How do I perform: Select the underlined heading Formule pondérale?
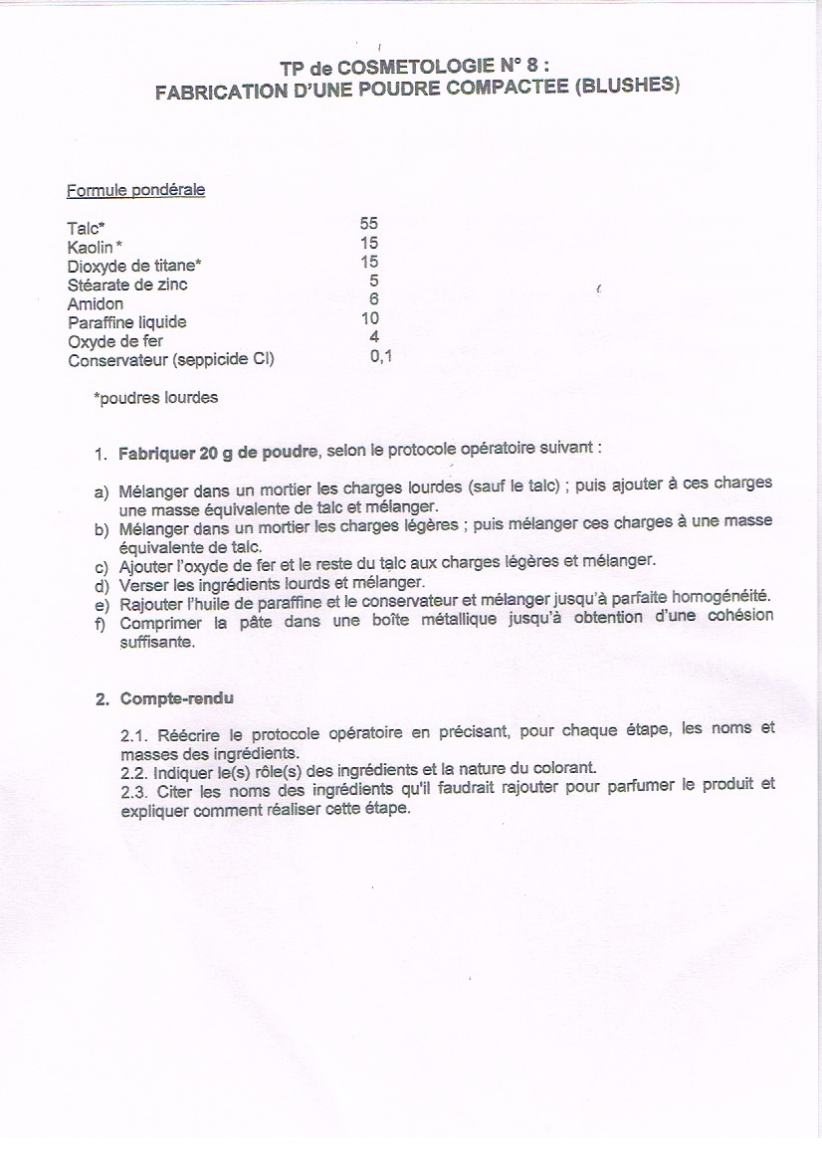point(135,190)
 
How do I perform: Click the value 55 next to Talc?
point(369,224)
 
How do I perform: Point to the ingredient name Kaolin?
point(91,246)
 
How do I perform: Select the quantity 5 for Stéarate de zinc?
point(373,282)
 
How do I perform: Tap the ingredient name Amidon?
point(96,303)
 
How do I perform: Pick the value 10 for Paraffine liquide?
point(369,319)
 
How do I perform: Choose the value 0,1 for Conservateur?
point(380,356)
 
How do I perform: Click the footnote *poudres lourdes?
point(155,398)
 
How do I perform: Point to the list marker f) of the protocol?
point(101,624)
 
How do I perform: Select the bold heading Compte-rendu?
point(176,698)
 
